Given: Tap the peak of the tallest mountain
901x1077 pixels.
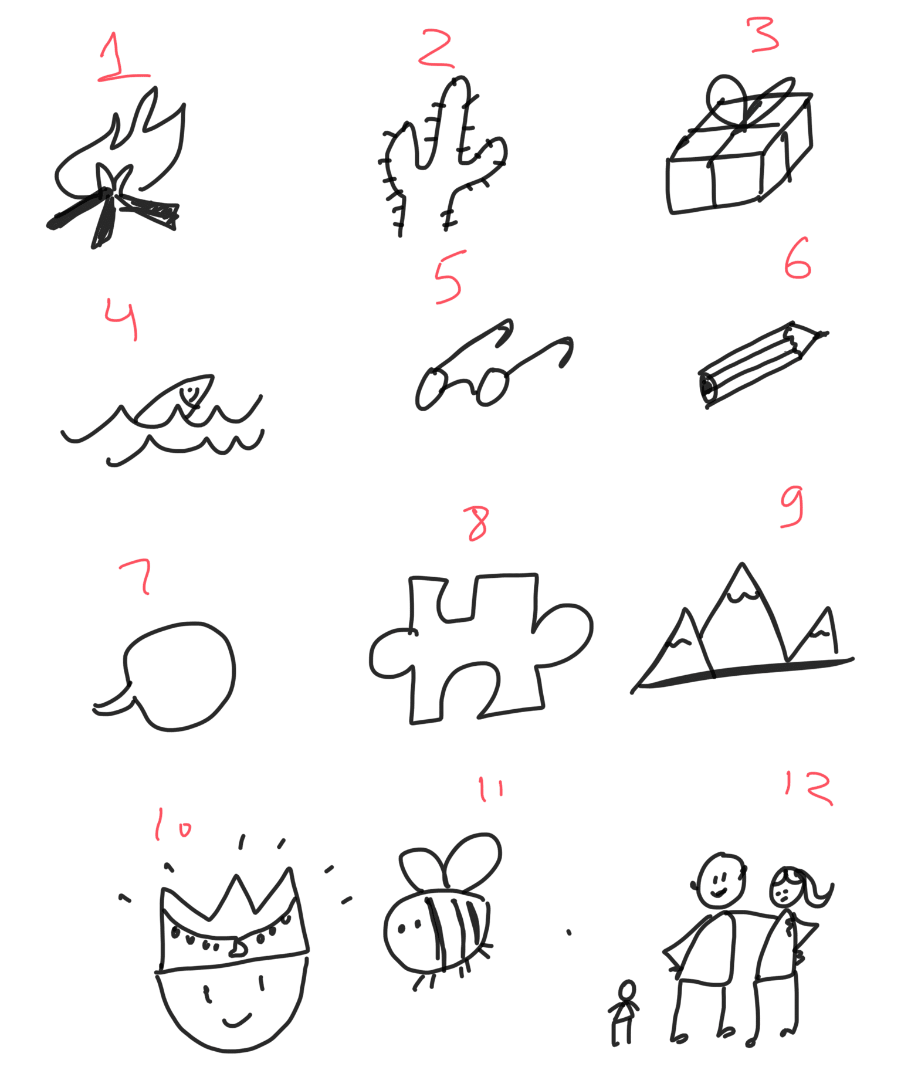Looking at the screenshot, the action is pos(743,565).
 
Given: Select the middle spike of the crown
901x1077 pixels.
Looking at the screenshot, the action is pos(236,876).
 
